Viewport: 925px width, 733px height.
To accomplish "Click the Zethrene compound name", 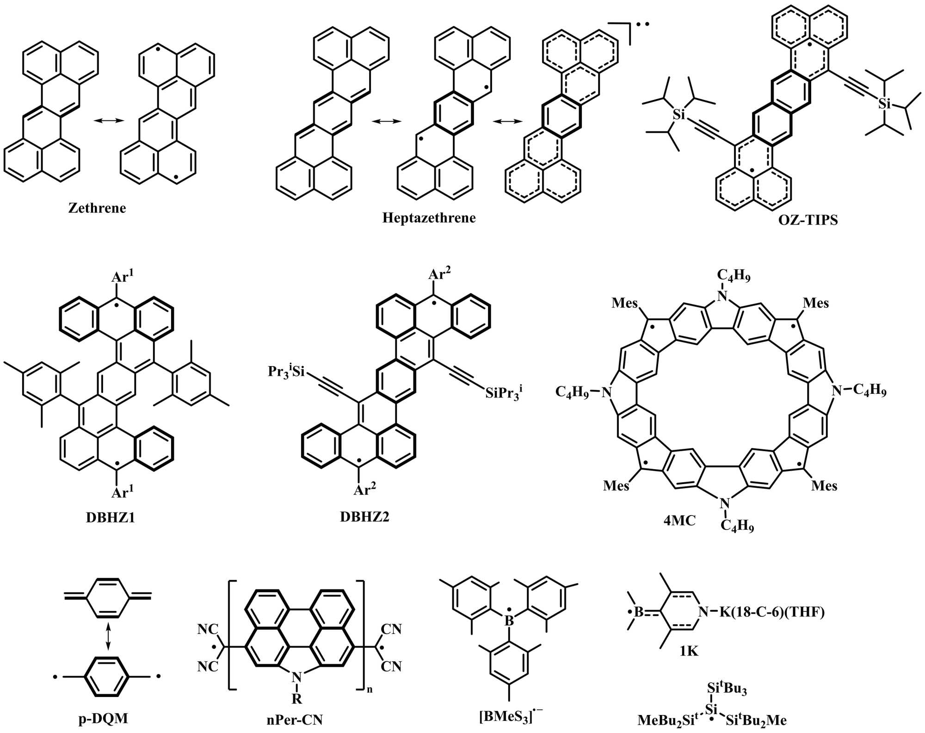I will [97, 208].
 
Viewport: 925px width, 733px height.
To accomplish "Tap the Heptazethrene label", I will [429, 218].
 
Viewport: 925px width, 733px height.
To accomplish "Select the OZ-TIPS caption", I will [808, 220].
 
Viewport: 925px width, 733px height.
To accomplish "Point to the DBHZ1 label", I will [111, 517].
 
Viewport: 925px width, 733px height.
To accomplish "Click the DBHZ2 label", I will [364, 516].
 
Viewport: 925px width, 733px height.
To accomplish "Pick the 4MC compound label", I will [679, 521].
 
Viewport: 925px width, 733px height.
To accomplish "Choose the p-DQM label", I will [103, 719].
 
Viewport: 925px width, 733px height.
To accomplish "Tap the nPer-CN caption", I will [295, 720].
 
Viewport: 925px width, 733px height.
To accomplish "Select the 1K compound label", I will [689, 651].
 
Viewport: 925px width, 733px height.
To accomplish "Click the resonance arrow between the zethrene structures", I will [109, 121].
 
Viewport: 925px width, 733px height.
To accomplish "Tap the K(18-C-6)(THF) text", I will [772, 612].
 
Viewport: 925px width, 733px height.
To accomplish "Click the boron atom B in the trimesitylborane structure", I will [509, 621].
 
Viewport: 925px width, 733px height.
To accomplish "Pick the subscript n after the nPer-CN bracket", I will [370, 690].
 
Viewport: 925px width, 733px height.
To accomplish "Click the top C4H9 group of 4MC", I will [734, 276].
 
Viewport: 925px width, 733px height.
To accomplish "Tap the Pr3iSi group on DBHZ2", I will [286, 371].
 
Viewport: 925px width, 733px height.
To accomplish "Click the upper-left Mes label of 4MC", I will [624, 303].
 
